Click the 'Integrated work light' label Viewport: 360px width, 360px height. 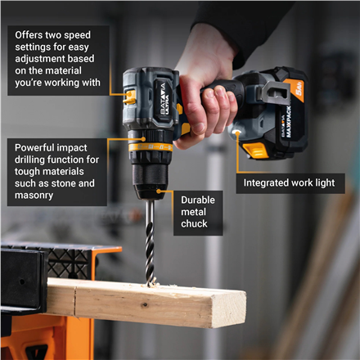(x=290, y=183)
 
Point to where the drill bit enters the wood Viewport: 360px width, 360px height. (x=151, y=281)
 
